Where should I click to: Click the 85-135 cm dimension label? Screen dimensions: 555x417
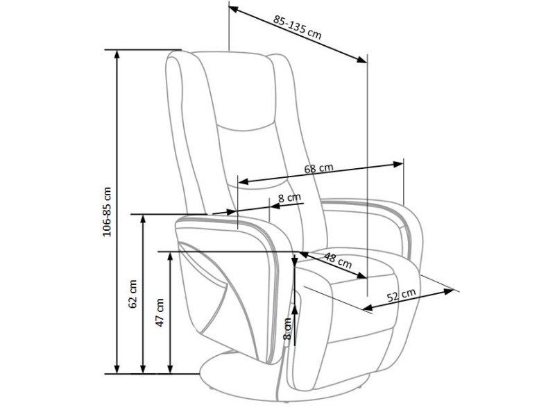298,27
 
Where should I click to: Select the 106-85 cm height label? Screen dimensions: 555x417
107,212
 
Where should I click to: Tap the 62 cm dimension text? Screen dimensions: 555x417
133,294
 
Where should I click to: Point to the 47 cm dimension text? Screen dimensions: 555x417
160,312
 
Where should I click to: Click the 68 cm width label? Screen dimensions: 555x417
319,168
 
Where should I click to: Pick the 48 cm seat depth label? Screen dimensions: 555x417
338,260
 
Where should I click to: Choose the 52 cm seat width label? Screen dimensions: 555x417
401,295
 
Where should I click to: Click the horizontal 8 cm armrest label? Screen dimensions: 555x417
289,197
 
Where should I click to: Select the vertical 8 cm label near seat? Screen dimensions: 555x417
287,329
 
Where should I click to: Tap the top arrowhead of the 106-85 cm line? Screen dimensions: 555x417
117,54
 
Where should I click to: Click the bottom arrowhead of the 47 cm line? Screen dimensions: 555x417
170,369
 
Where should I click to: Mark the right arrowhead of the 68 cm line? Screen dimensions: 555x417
398,164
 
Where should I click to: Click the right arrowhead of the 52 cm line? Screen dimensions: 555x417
449,291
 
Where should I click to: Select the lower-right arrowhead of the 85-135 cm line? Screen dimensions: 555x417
362,60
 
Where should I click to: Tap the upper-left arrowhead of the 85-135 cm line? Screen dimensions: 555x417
234,9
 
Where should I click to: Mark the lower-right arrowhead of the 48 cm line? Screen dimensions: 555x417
361,275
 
